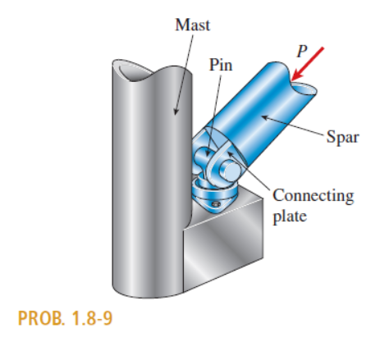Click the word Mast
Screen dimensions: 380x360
193,25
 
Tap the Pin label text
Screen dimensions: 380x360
221,65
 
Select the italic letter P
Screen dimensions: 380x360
302,51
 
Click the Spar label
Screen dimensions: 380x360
342,137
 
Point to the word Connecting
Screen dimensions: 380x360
314,196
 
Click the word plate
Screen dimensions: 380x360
290,216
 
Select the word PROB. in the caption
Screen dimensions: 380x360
42,318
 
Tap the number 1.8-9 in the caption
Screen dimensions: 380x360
92,318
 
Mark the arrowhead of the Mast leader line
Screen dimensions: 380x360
176,112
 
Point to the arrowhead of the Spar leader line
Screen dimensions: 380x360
265,117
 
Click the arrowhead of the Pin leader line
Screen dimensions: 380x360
208,153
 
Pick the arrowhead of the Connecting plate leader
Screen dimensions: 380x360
230,153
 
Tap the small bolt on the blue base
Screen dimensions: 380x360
216,204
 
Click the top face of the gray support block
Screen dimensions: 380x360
223,207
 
